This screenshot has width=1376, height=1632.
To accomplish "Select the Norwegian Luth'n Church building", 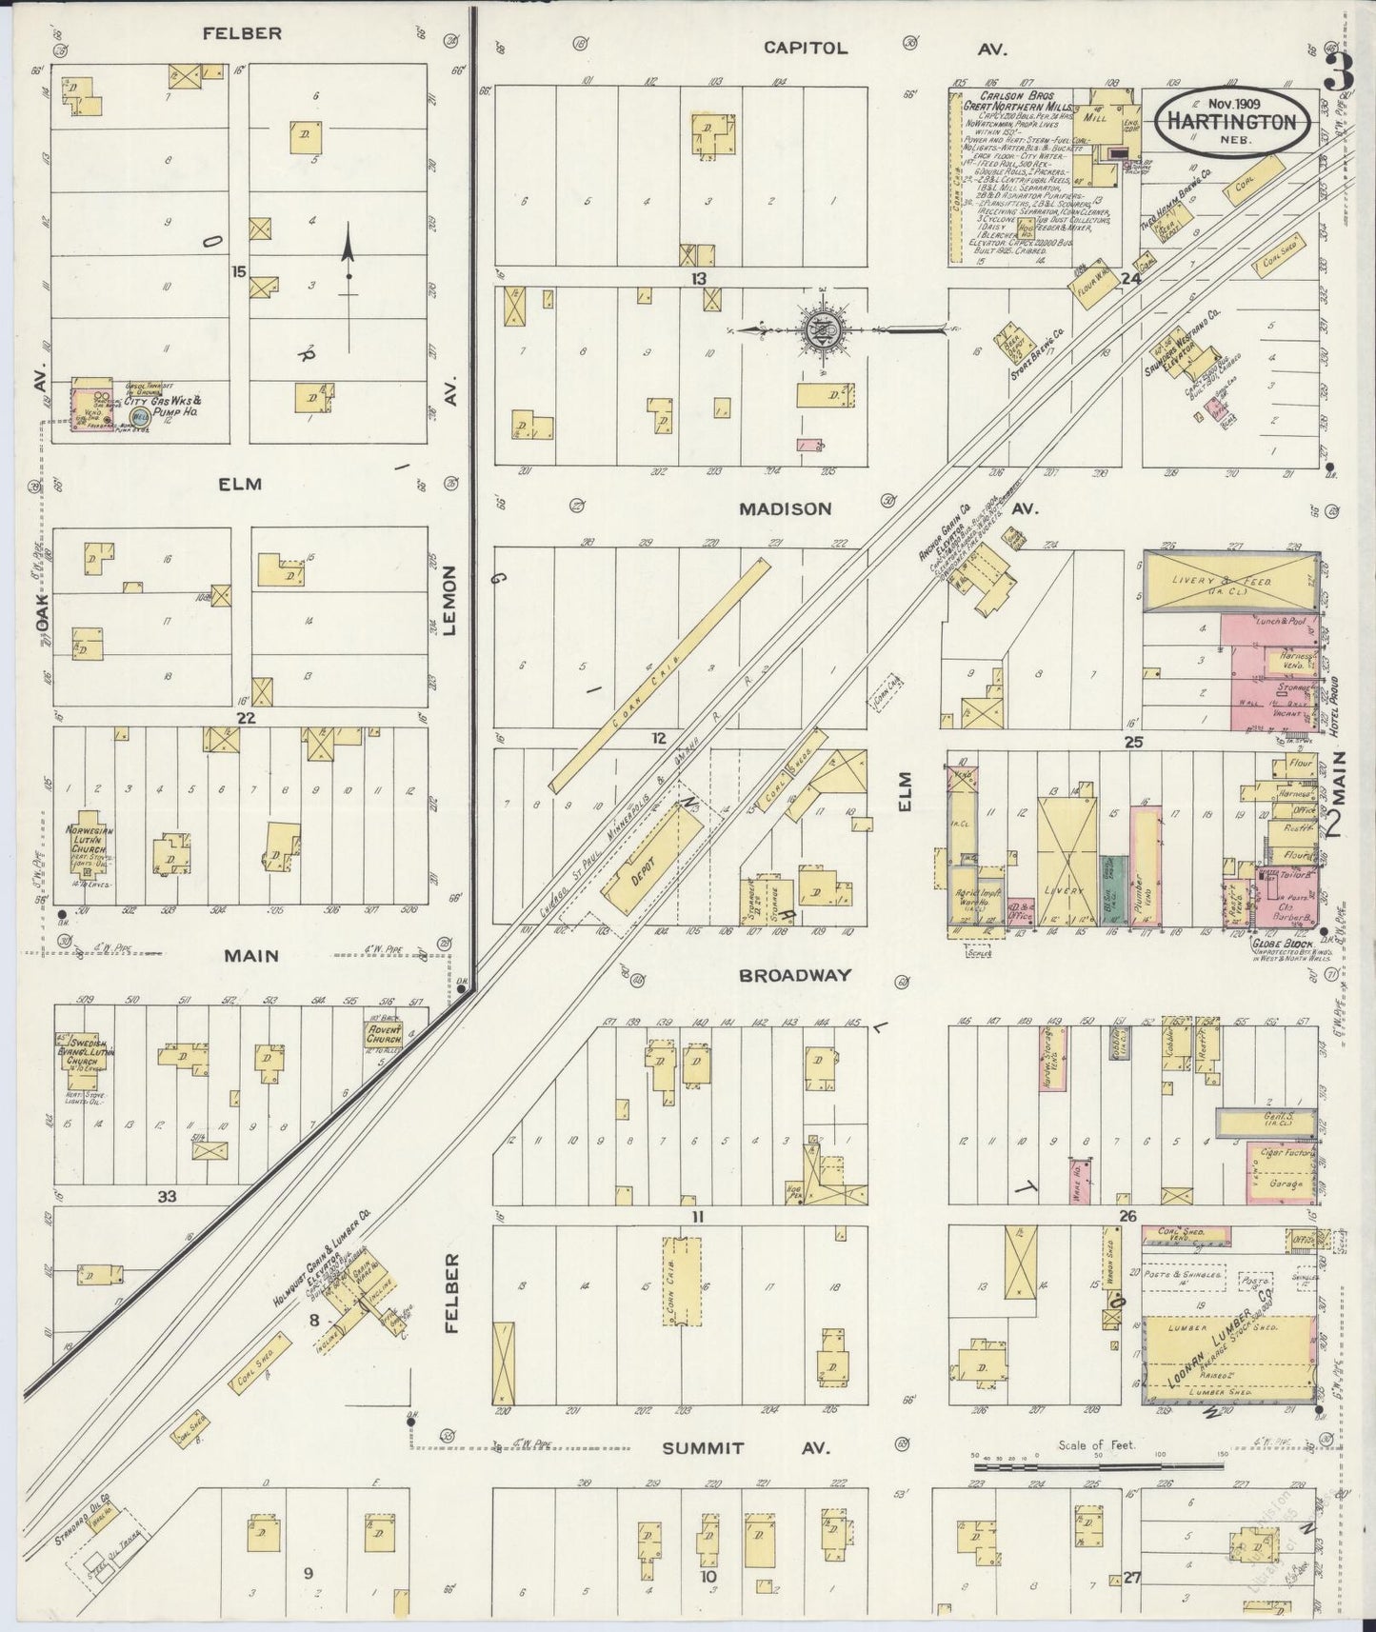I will click(x=90, y=842).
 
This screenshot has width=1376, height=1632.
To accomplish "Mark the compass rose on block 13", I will click(x=821, y=331).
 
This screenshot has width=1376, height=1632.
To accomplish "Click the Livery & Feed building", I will click(x=1227, y=581).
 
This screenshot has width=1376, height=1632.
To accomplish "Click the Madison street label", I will click(x=786, y=509).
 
